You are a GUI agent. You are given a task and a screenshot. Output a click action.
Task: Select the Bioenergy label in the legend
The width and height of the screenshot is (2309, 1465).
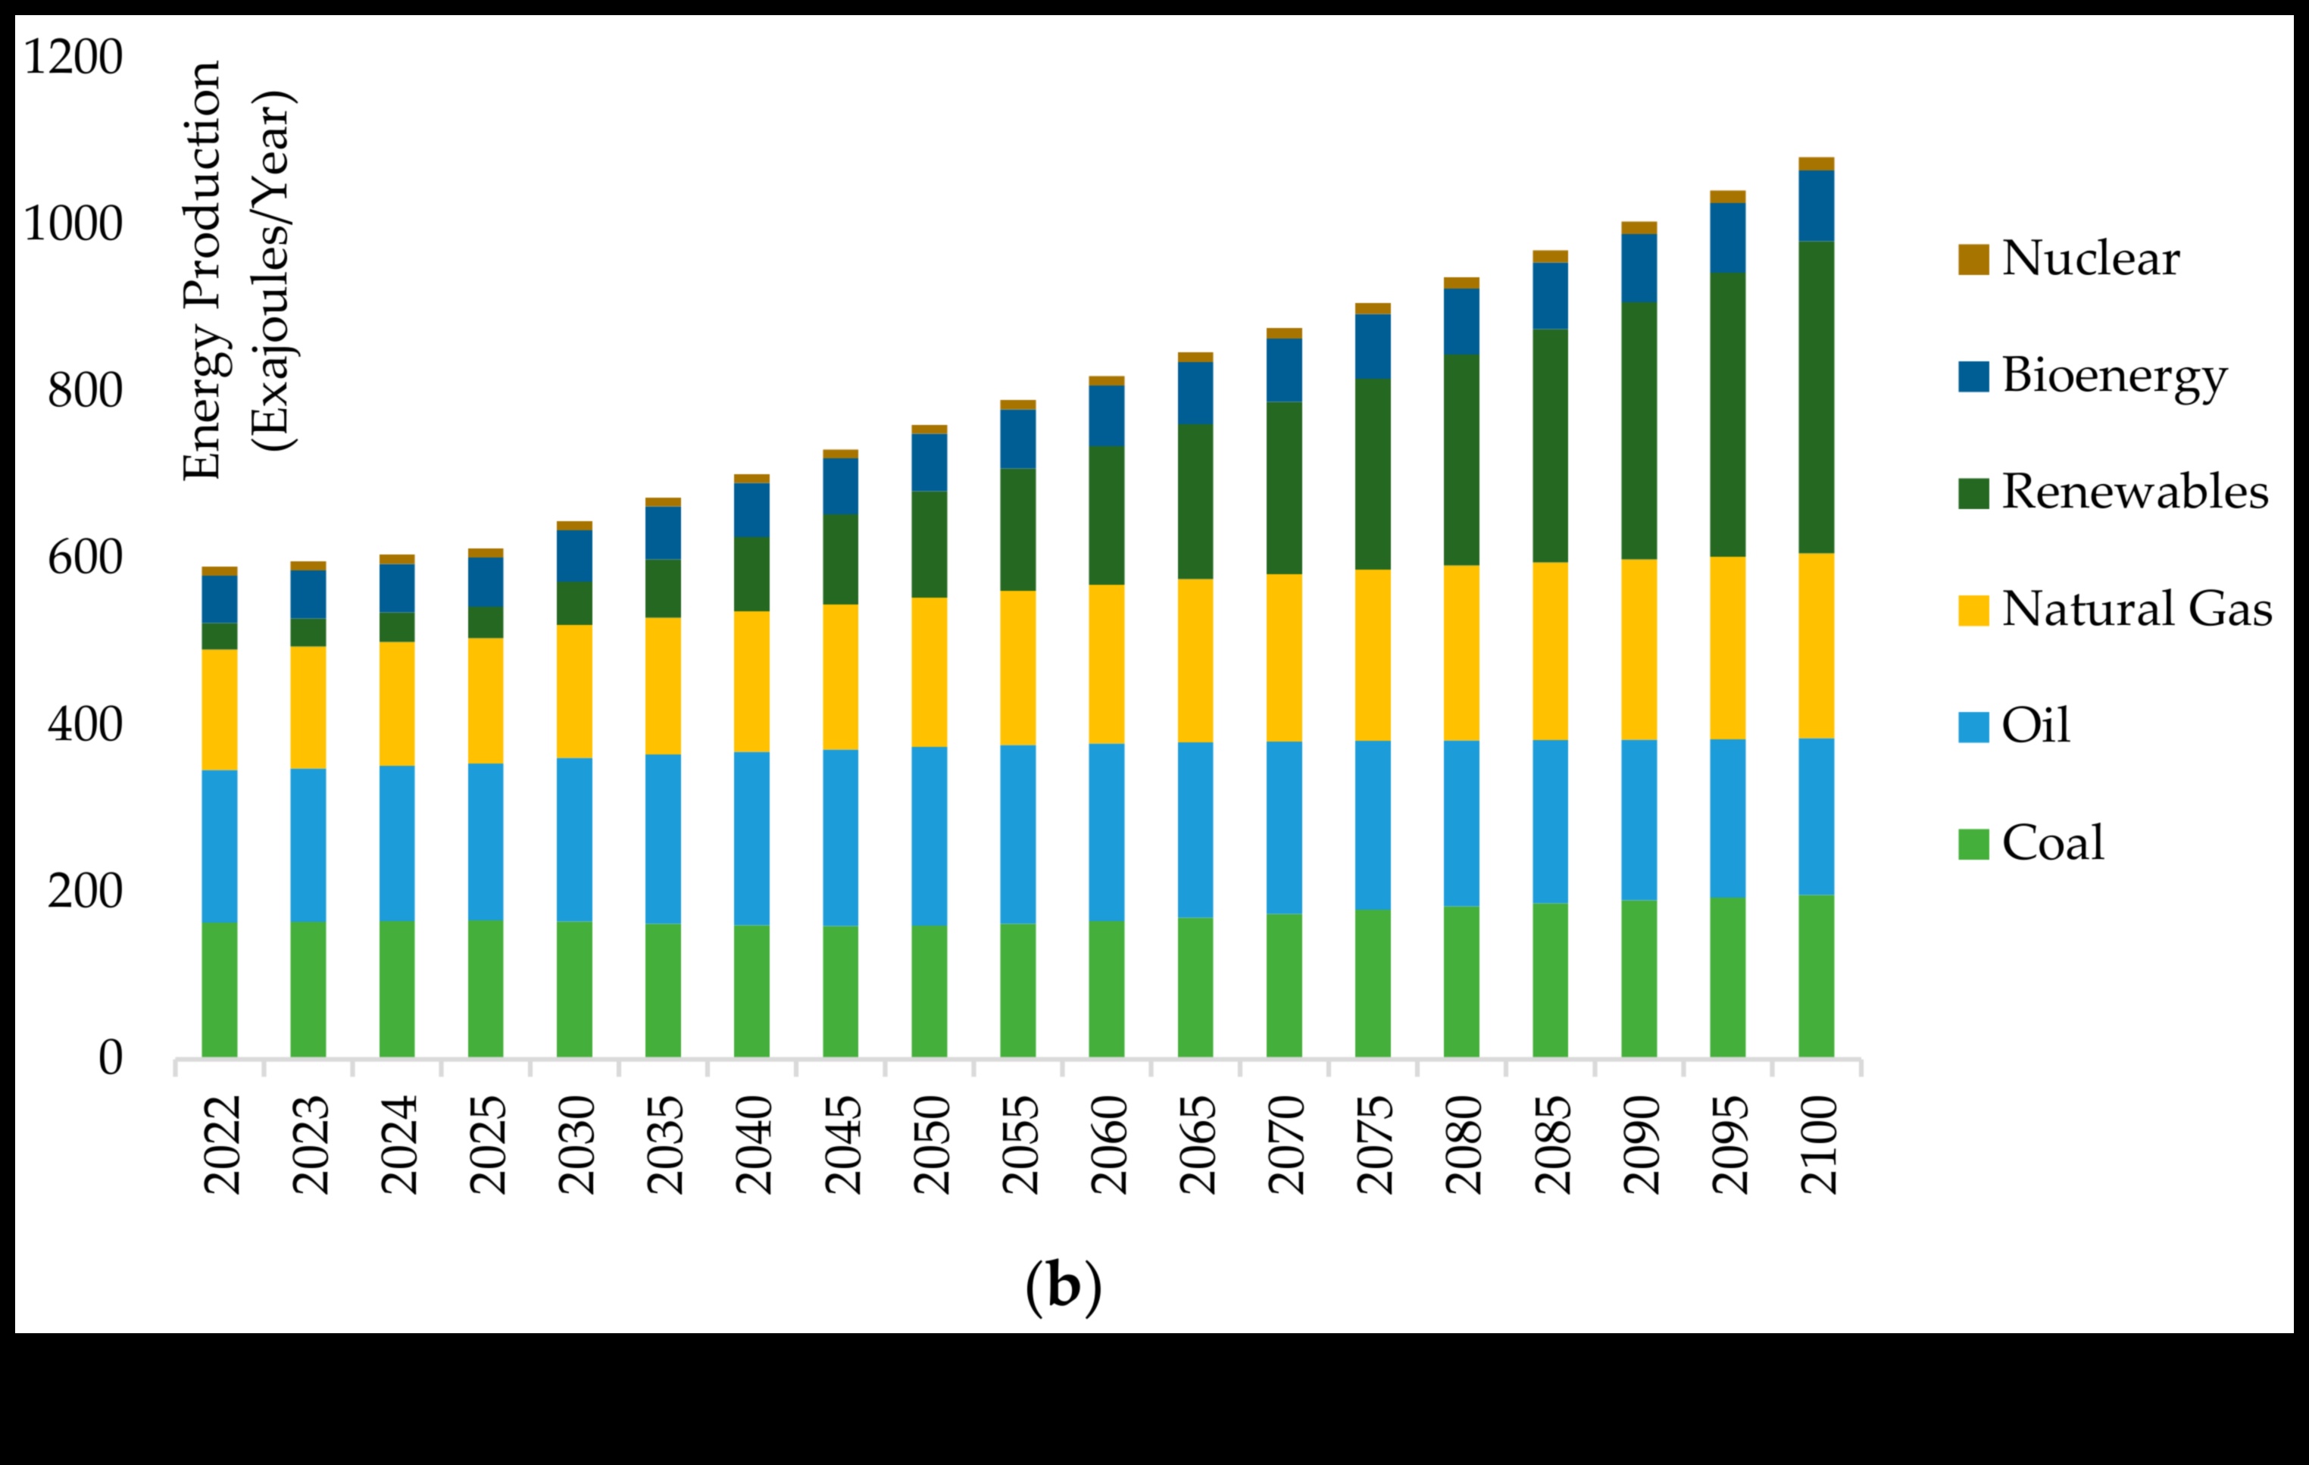(x=2114, y=376)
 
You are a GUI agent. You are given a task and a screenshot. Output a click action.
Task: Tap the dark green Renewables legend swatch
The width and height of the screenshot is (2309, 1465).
(x=1973, y=493)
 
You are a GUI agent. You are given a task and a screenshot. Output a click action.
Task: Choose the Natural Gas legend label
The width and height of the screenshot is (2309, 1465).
(x=2136, y=610)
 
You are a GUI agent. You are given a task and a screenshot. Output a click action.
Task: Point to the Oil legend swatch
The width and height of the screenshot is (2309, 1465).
(x=1973, y=726)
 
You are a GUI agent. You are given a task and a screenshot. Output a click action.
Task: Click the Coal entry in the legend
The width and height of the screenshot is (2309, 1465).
(x=2052, y=843)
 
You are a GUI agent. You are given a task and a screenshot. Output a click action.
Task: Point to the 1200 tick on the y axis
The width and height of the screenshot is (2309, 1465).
(x=73, y=58)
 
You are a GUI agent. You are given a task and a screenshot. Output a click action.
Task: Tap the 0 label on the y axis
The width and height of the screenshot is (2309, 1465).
(x=111, y=1057)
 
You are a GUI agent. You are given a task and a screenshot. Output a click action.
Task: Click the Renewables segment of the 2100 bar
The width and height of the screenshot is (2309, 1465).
(x=1816, y=397)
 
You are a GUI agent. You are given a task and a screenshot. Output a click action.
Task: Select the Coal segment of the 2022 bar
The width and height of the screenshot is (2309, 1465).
(x=220, y=989)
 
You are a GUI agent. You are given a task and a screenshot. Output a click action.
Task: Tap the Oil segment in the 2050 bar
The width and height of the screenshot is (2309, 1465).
(x=930, y=836)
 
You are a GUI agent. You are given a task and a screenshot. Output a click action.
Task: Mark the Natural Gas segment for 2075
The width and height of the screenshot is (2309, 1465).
(x=1372, y=654)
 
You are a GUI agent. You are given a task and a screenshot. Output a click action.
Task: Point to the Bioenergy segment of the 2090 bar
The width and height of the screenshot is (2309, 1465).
(x=1639, y=268)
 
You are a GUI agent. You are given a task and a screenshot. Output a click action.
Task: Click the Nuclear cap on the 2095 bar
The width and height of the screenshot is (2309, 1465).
(x=1727, y=196)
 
